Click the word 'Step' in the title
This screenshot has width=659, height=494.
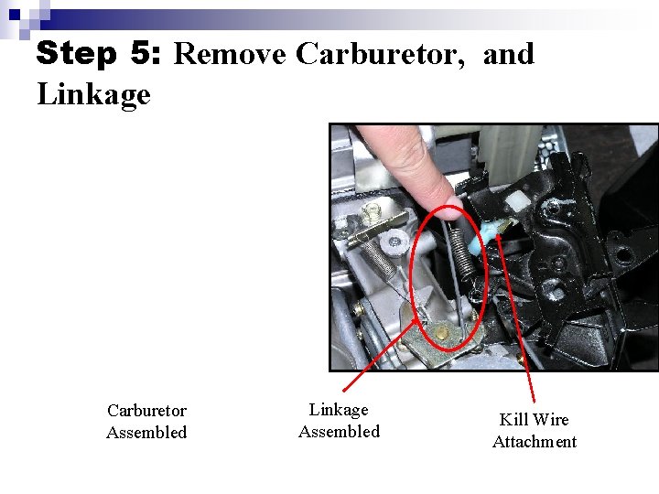tap(78, 55)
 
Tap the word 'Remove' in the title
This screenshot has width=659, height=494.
tap(230, 54)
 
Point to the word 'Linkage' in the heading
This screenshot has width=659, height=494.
tap(93, 93)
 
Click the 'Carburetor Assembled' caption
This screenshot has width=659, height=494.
tap(146, 422)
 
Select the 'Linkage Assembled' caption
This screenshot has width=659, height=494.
tap(339, 421)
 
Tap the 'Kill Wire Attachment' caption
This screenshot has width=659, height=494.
tap(535, 431)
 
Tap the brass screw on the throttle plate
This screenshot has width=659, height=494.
tap(442, 334)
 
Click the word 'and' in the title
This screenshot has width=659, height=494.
tap(508, 54)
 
